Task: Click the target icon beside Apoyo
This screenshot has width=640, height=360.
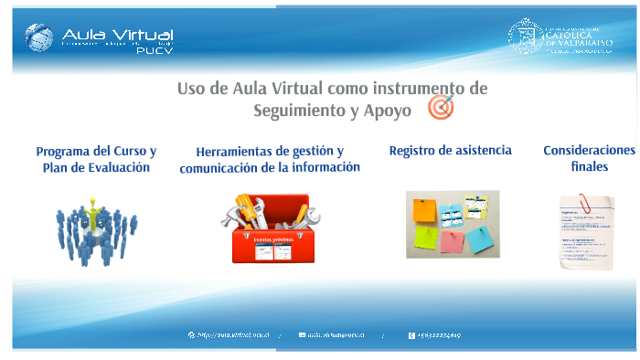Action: click(441, 108)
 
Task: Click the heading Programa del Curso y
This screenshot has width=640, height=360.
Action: click(96, 151)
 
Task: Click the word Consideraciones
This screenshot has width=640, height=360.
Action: click(588, 151)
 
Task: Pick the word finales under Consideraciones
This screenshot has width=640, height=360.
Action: click(589, 167)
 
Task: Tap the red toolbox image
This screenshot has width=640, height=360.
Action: click(271, 228)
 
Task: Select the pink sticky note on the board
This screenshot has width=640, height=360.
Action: click(451, 241)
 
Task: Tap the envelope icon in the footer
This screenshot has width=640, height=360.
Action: click(302, 335)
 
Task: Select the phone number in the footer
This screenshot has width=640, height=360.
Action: click(440, 335)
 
